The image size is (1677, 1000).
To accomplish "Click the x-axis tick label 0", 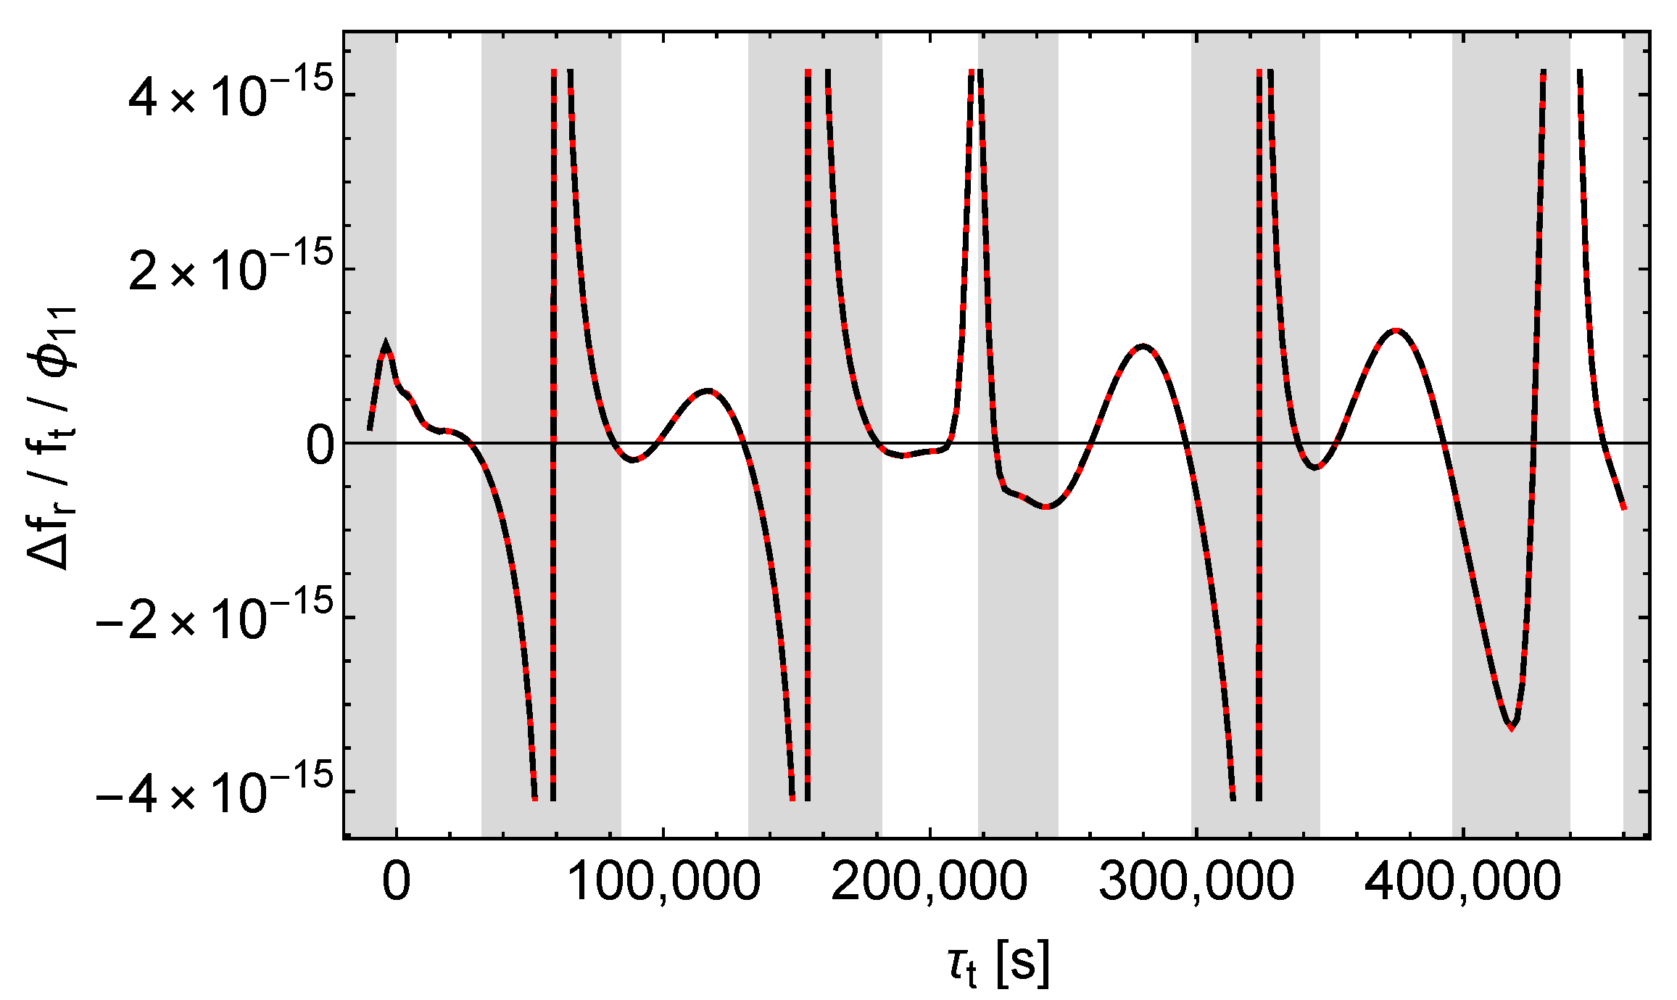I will (x=396, y=883).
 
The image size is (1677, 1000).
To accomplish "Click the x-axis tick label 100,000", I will (x=663, y=883).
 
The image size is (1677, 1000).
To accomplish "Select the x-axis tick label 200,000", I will (x=929, y=883).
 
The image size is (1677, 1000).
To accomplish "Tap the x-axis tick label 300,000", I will (x=1196, y=883).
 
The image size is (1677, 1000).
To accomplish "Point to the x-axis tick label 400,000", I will (x=1462, y=883).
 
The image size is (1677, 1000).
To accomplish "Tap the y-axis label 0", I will (x=320, y=445).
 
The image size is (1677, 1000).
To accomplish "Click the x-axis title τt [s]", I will (x=998, y=964).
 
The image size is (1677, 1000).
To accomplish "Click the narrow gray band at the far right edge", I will (x=1636, y=435).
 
